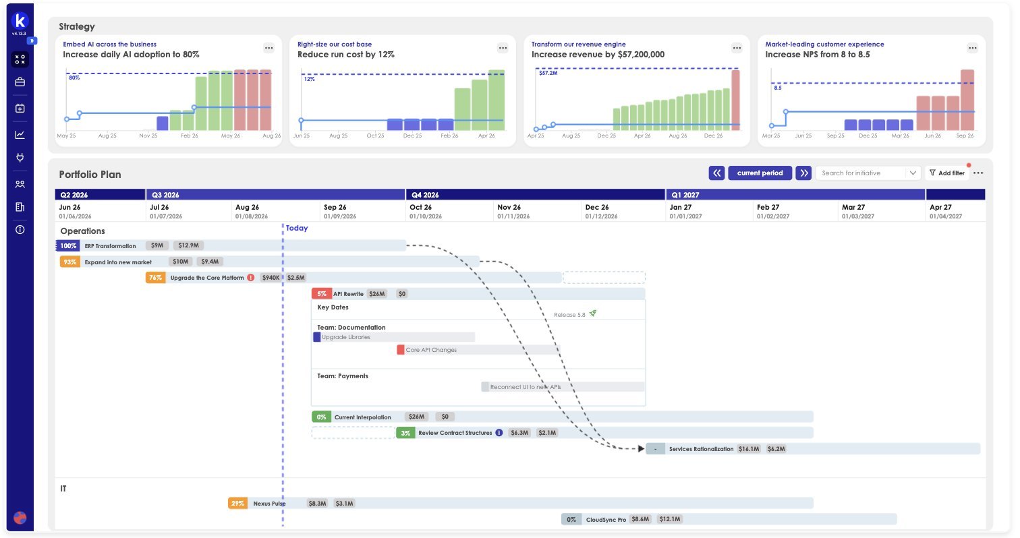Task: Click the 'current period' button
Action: coord(760,173)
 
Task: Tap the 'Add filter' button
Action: coord(947,173)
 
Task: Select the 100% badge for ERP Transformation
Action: coord(68,246)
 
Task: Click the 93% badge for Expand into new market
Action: coord(69,262)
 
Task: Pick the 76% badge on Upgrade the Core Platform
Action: coord(155,278)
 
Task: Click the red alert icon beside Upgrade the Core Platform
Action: coord(250,278)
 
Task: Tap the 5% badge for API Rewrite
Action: coord(322,293)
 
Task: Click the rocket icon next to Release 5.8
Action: coord(592,313)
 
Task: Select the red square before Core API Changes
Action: coord(400,349)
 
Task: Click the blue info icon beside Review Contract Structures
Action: coord(499,432)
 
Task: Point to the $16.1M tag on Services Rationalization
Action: coord(749,449)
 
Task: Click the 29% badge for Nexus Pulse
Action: coord(237,503)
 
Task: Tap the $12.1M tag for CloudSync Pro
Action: coord(669,519)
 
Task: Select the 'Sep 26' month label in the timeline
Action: coord(335,207)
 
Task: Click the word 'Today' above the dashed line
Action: coord(296,228)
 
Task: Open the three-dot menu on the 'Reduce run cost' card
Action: coord(503,48)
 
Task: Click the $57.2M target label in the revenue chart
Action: coord(548,73)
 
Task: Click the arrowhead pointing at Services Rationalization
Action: coord(641,449)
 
